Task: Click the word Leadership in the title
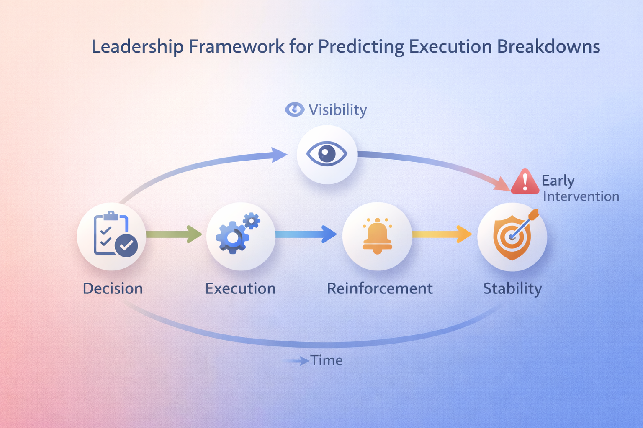137,46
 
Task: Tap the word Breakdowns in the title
548,46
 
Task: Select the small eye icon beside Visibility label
295,110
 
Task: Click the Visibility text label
337,110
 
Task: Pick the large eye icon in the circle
327,154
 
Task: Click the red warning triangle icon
525,182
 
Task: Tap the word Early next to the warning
558,181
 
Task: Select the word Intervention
581,196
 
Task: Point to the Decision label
113,288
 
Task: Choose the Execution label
240,288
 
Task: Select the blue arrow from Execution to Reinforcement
306,234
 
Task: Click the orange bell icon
377,236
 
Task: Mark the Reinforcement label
380,288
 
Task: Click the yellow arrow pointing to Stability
442,234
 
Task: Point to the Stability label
512,288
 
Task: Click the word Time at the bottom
327,360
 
